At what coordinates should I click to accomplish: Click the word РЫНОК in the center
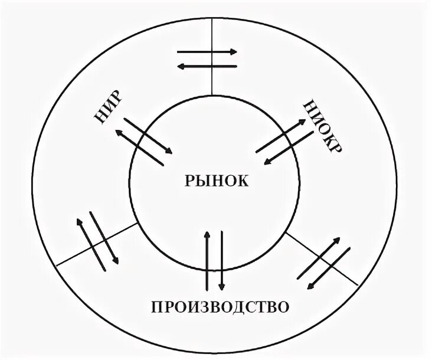click(x=216, y=181)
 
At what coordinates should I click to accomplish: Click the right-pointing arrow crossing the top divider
click(x=207, y=52)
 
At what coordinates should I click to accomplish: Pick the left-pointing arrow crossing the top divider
click(x=207, y=66)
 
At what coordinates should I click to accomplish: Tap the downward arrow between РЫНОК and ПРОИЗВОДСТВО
click(x=221, y=260)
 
